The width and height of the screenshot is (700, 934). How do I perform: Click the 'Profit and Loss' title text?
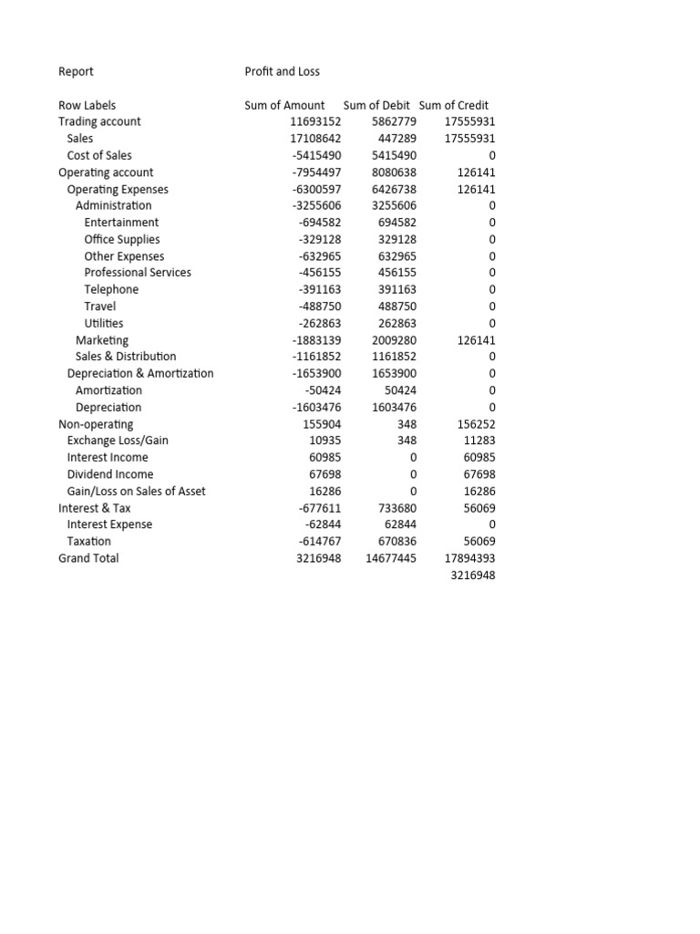[x=282, y=71]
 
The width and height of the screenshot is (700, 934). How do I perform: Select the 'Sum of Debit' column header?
[x=376, y=105]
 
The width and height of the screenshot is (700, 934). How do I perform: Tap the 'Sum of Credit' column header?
[x=454, y=105]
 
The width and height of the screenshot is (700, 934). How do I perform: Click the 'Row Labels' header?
[x=87, y=105]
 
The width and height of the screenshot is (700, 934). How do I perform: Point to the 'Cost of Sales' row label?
[x=99, y=155]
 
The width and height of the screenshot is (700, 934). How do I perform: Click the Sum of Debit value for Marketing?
[x=394, y=340]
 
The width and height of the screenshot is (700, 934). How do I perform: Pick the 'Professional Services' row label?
[x=138, y=273]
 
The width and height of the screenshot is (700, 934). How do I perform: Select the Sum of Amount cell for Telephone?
[x=320, y=289]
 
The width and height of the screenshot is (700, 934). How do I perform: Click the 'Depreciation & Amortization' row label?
[x=140, y=373]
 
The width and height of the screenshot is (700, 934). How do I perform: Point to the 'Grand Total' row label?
[x=88, y=558]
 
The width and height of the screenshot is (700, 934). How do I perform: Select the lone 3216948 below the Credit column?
[x=473, y=576]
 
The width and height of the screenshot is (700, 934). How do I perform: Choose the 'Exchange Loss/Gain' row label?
[x=118, y=441]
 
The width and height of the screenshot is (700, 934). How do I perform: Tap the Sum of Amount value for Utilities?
[x=320, y=323]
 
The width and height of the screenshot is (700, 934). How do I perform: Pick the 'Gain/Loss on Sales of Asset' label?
[x=136, y=491]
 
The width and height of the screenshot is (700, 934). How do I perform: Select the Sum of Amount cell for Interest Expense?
[x=324, y=524]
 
